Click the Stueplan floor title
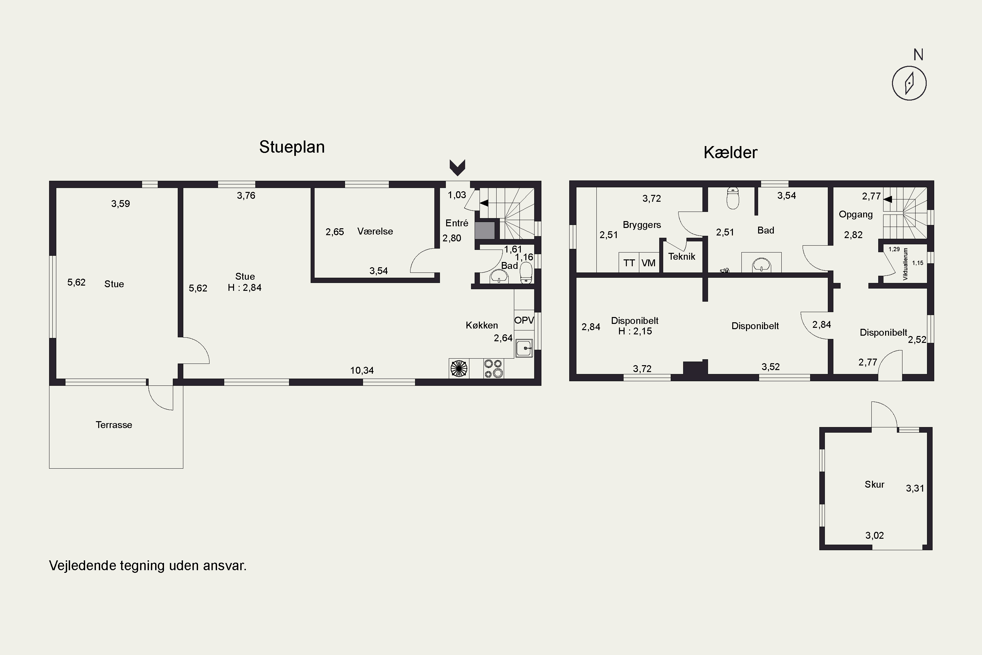[292, 147]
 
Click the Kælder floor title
[730, 153]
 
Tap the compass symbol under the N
[909, 83]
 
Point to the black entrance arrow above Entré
[457, 167]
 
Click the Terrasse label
[114, 425]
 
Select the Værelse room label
[375, 232]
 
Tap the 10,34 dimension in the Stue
[362, 370]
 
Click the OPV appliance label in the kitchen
[524, 320]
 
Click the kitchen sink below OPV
[524, 348]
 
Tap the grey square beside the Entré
[485, 231]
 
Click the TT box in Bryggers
[629, 263]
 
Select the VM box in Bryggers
[649, 263]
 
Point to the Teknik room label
[682, 256]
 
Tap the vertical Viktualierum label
[905, 264]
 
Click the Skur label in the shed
[874, 485]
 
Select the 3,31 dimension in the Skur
[915, 489]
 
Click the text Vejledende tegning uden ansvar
[148, 566]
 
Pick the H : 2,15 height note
[635, 331]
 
